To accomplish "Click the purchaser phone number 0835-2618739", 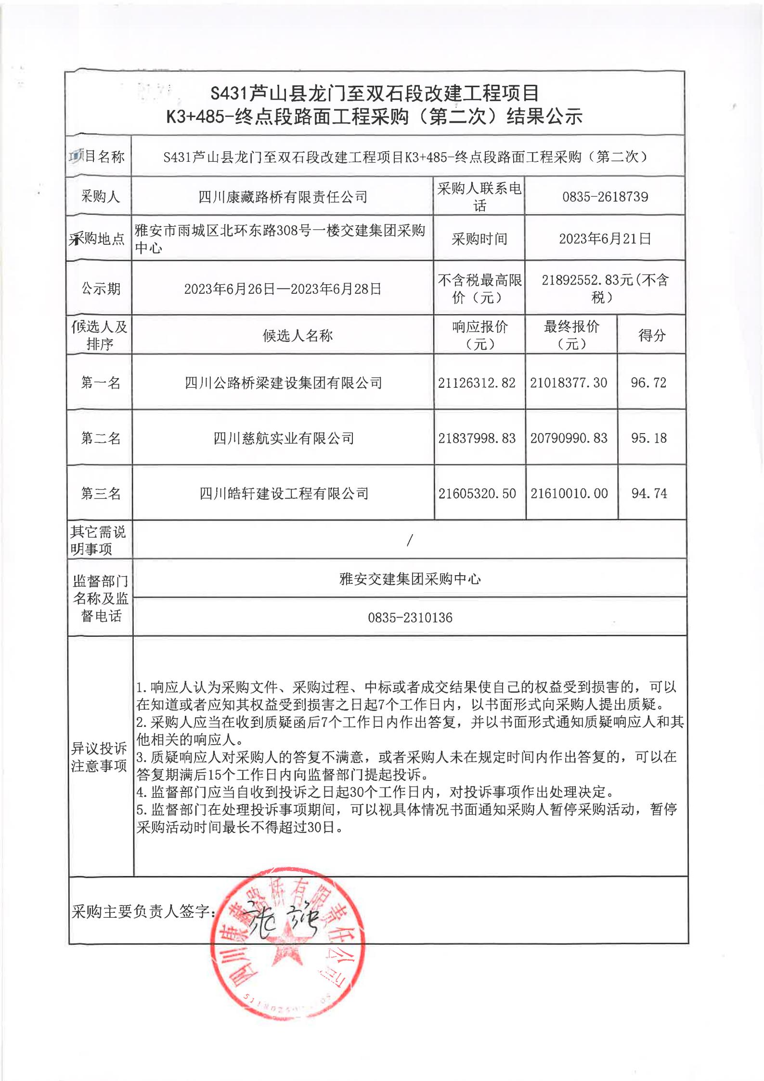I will (x=605, y=197).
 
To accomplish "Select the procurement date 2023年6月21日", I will (x=605, y=238).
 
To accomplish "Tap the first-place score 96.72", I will (x=648, y=382).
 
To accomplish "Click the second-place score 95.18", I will (x=649, y=438).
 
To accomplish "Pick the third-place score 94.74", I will (x=649, y=493).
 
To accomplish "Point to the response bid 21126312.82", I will (x=477, y=382).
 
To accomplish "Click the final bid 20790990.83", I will (x=569, y=438).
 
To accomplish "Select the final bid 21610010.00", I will (x=569, y=493).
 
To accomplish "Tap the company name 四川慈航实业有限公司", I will (x=284, y=438).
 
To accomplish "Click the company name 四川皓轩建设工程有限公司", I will (x=284, y=493).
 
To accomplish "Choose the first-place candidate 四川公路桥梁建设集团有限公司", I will (x=284, y=383).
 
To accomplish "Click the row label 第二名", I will (x=100, y=438).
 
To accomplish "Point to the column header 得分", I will (x=651, y=335).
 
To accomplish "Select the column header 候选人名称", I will (x=298, y=336).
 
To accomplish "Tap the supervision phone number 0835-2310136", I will (x=410, y=618).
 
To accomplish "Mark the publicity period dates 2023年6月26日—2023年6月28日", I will (x=283, y=289).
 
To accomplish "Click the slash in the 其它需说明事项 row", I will (x=410, y=540).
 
